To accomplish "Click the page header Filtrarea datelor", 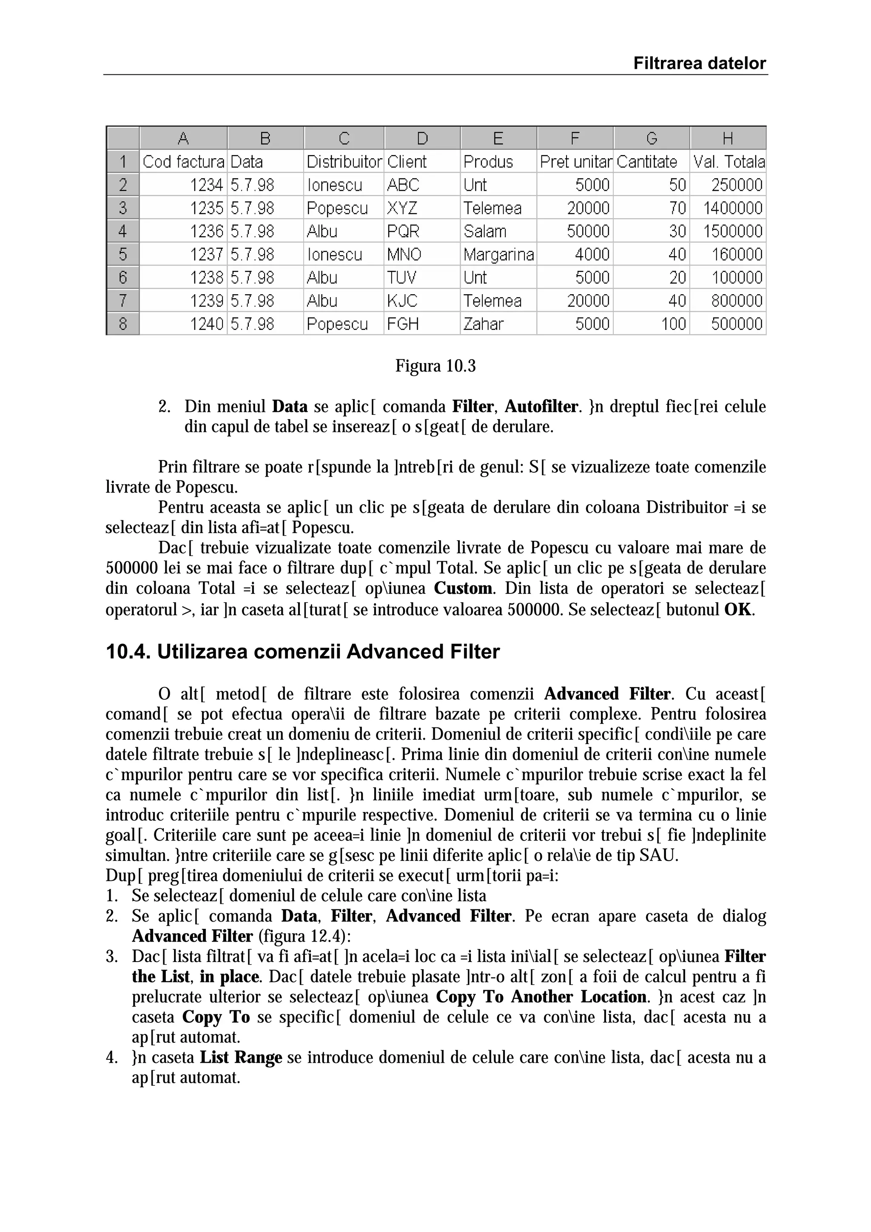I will click(699, 63).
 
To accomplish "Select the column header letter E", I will click(498, 139).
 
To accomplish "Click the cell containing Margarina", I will click(498, 254).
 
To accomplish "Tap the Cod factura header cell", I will click(183, 162).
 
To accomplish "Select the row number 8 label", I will click(123, 324).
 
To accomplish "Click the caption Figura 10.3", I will click(435, 366).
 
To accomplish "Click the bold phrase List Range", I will click(241, 1058).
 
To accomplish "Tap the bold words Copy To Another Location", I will click(541, 997).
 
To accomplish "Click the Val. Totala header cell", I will click(728, 162).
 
